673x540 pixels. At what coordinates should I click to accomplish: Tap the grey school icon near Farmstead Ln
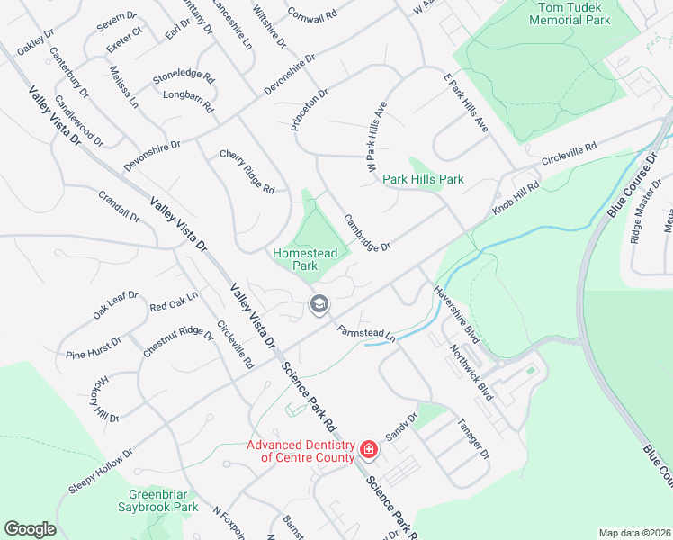point(318,304)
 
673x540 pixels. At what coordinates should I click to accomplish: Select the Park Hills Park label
point(423,179)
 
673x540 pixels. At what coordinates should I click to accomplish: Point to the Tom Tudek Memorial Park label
point(572,13)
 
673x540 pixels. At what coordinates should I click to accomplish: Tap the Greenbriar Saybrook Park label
point(163,500)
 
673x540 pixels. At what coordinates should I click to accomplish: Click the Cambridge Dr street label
point(368,233)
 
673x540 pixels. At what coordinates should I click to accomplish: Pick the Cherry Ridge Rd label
point(247,170)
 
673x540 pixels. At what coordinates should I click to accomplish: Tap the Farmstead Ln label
point(367,332)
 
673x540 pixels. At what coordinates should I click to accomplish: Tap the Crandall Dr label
point(120,205)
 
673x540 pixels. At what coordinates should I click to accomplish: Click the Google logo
point(30,529)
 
